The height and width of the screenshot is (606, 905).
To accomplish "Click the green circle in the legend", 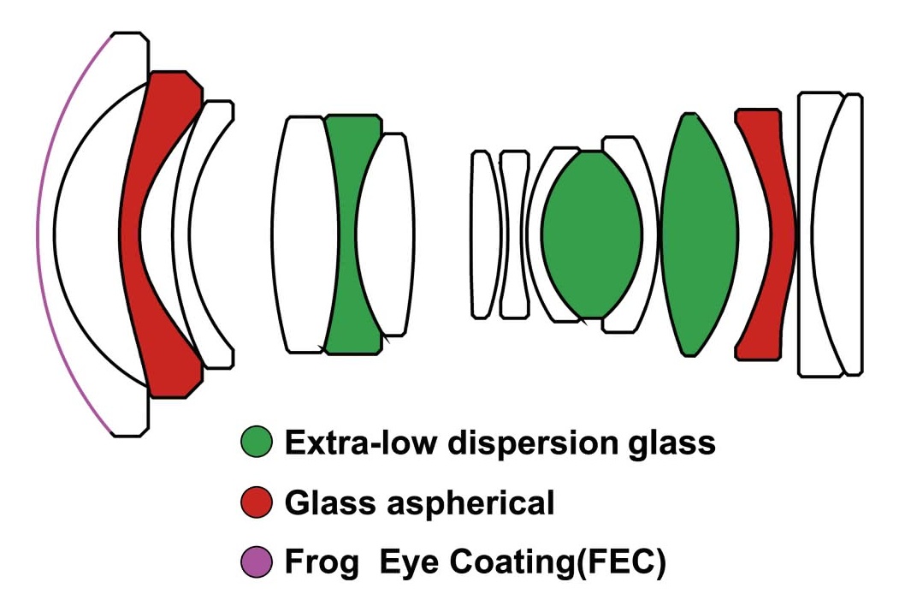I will pyautogui.click(x=257, y=443).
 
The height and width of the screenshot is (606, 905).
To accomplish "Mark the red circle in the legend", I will pyautogui.click(x=257, y=502).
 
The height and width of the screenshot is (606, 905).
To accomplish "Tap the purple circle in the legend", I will pyautogui.click(x=257, y=562).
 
